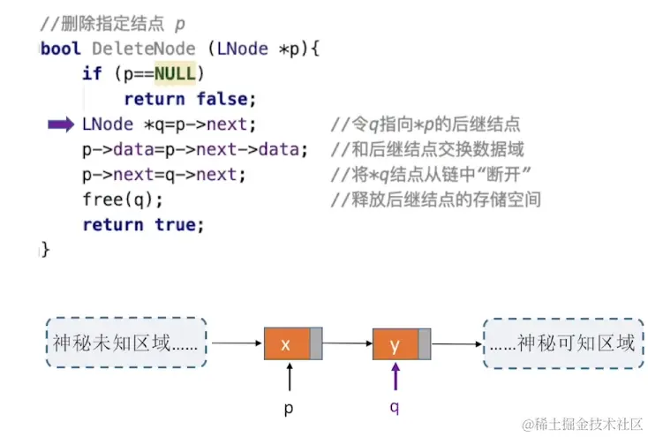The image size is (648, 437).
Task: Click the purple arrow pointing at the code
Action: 61,125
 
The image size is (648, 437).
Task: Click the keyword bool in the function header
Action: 61,49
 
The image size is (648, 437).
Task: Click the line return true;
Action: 143,225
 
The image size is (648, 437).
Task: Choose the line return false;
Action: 190,99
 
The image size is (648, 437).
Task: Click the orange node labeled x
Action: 286,343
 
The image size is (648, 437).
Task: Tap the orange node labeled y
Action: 395,343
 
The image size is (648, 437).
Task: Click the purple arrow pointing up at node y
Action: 396,378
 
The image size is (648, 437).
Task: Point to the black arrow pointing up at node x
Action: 289,378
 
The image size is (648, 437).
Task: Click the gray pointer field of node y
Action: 425,343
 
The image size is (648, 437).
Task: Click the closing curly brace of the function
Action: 45,250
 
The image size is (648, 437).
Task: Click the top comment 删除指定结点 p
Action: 114,23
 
